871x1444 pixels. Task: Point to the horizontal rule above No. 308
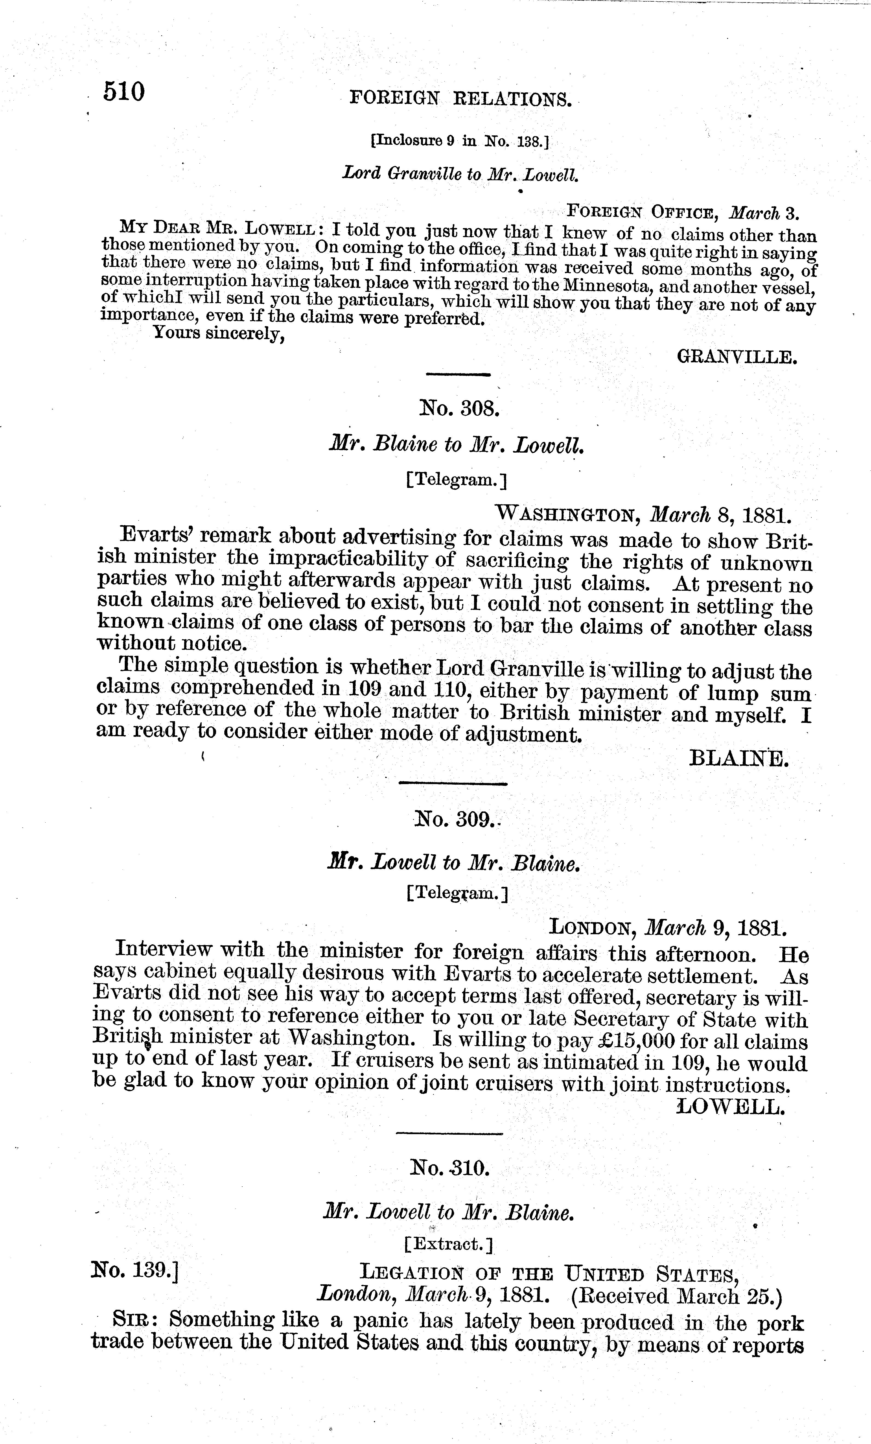[457, 374]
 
